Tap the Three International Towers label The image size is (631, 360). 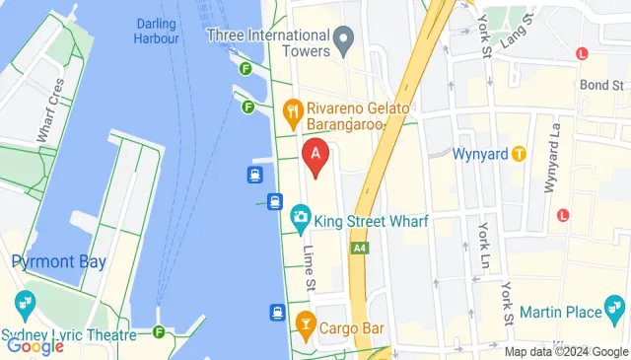coord(266,36)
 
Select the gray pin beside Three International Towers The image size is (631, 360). coord(344,40)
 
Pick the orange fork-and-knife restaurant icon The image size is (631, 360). coord(292,111)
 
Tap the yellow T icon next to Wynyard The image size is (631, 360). coord(520,154)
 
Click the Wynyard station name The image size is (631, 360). coord(480,155)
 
